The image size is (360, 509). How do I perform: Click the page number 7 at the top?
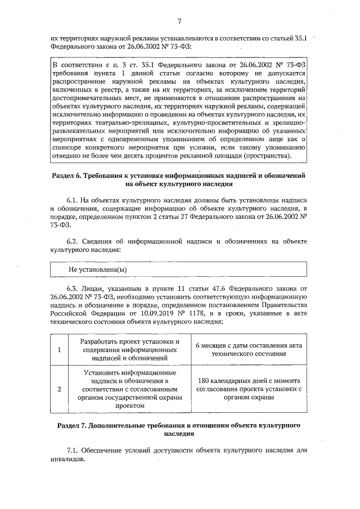pyautogui.click(x=179, y=21)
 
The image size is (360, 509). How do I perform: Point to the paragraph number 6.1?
pyautogui.click(x=73, y=200)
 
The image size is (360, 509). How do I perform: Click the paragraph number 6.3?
pyautogui.click(x=73, y=288)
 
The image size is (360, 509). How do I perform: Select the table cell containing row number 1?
pyautogui.click(x=59, y=349)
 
